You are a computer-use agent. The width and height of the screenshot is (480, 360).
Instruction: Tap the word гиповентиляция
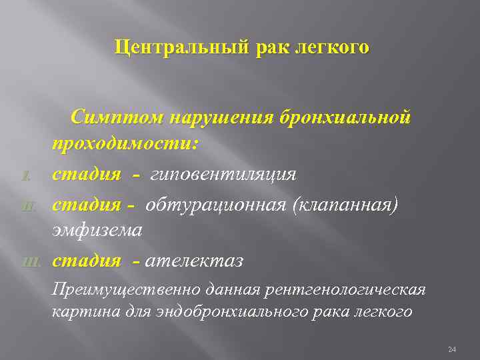223,175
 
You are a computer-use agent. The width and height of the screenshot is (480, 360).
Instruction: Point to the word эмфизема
97,231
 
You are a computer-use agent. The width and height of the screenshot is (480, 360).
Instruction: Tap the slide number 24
452,349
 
